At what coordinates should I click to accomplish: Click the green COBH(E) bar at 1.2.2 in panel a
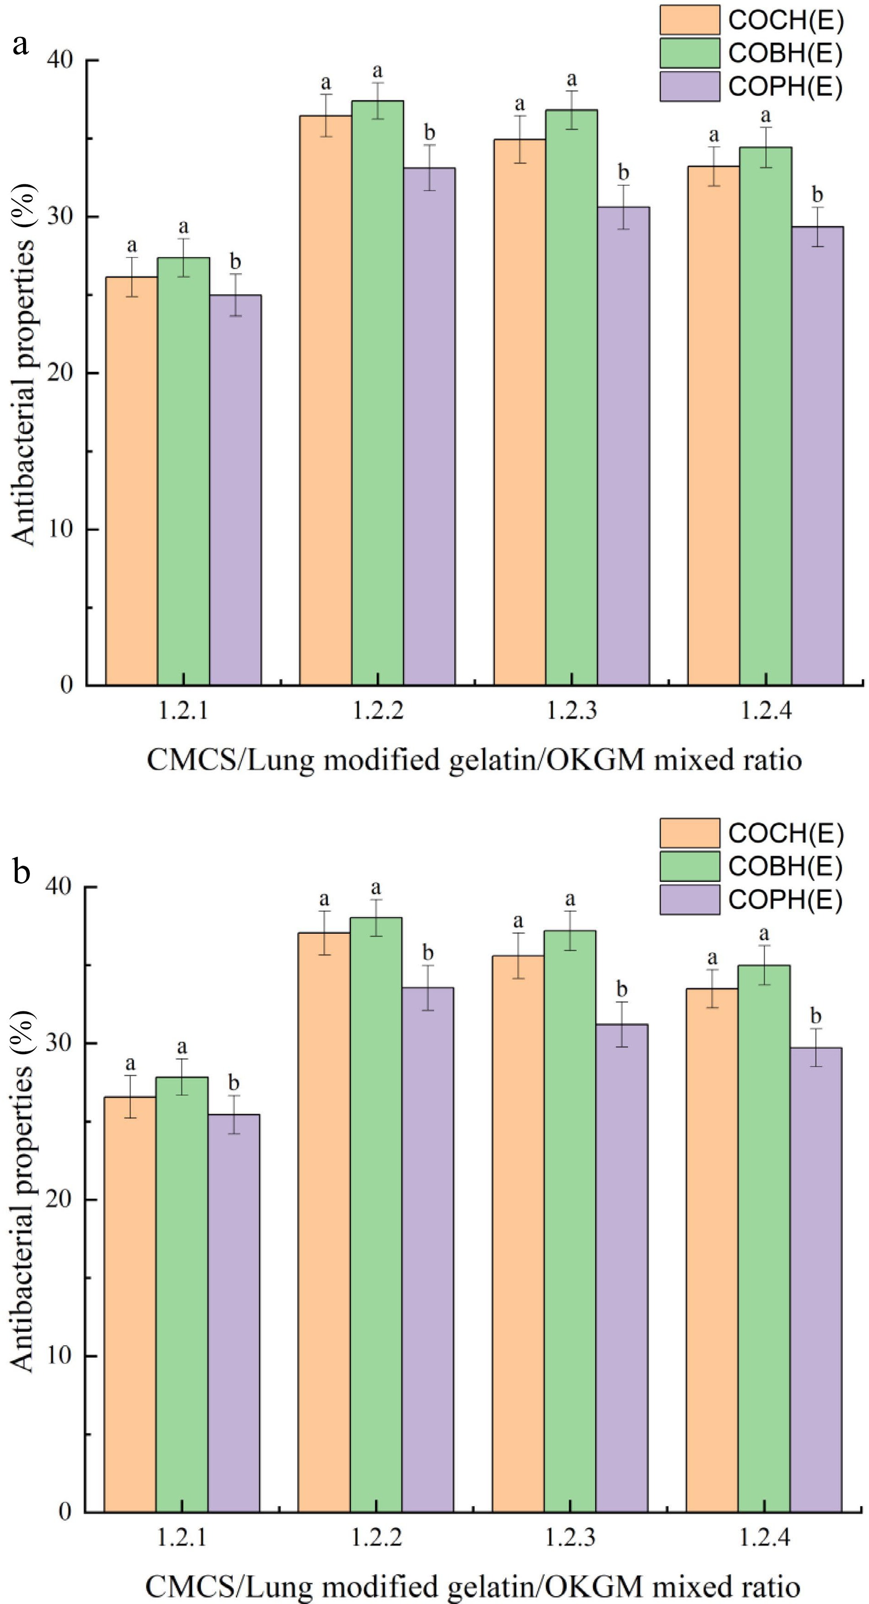point(377,392)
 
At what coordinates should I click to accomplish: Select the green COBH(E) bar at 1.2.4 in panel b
point(764,1239)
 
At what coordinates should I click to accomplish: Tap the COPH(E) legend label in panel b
point(785,900)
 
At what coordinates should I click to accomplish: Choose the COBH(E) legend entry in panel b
point(785,867)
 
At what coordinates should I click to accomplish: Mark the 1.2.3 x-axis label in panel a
point(571,710)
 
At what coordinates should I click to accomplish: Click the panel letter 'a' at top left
point(21,45)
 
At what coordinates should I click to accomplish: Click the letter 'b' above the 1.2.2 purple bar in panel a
point(429,132)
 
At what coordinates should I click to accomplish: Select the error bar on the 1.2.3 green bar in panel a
point(571,110)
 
